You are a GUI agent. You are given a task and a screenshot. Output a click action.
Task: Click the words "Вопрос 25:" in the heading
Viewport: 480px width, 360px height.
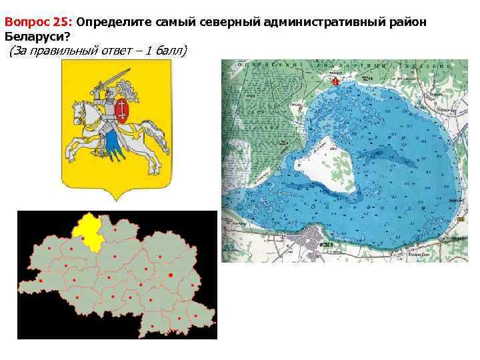pyautogui.click(x=38, y=22)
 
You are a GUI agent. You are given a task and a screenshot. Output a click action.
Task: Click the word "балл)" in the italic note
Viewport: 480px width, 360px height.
pyautogui.click(x=173, y=51)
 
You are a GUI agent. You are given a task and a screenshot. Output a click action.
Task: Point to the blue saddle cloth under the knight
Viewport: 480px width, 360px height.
pyautogui.click(x=111, y=141)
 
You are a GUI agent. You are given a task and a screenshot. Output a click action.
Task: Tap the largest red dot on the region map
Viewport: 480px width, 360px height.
pyautogui.click(x=171, y=275)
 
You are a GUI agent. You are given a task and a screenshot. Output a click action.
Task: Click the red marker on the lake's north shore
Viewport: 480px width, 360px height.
pyautogui.click(x=336, y=81)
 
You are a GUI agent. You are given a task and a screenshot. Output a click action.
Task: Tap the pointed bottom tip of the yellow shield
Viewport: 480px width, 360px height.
pyautogui.click(x=116, y=199)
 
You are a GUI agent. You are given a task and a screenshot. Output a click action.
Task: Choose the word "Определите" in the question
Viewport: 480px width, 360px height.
pyautogui.click(x=115, y=22)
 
